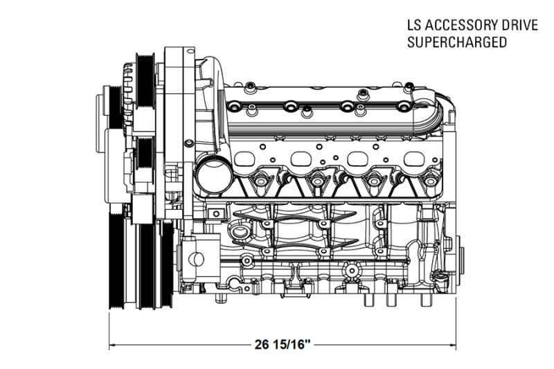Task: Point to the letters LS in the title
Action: pos(413,26)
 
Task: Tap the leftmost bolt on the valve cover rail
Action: pos(238,108)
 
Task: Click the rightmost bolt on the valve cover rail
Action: pos(402,107)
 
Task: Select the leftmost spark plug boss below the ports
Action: pos(263,182)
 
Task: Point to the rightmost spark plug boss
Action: pos(429,182)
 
